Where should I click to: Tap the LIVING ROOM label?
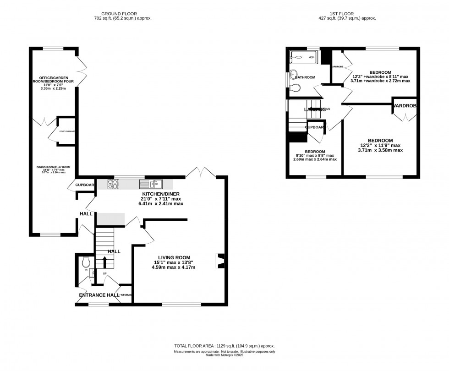(x=174, y=257)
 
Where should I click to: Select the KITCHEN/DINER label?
(x=161, y=194)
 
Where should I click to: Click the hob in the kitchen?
(x=113, y=184)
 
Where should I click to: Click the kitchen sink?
(x=151, y=184)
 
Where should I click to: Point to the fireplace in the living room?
(x=220, y=261)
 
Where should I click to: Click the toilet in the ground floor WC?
(x=85, y=263)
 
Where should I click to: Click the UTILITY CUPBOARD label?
(x=67, y=131)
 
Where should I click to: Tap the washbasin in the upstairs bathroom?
(x=293, y=75)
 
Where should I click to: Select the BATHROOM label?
(x=305, y=77)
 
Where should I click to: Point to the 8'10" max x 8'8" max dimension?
(x=315, y=155)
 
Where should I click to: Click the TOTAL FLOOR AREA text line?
(x=224, y=346)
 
